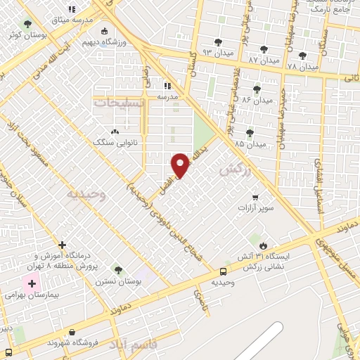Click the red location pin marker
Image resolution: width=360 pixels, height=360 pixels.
181,165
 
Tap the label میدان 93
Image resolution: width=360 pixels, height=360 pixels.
217,53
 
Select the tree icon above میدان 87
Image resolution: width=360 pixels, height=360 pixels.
264,49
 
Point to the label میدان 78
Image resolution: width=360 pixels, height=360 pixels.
303,66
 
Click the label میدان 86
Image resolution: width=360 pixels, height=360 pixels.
256,100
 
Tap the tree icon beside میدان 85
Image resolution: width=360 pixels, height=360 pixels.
250,133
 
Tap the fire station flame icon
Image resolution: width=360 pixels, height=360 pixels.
263,245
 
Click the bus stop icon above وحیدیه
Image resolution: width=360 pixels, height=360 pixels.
223,271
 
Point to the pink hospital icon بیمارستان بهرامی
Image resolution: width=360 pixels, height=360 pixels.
30,284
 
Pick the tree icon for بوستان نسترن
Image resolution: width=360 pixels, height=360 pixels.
117,269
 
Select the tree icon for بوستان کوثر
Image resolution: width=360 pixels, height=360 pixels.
27,24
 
